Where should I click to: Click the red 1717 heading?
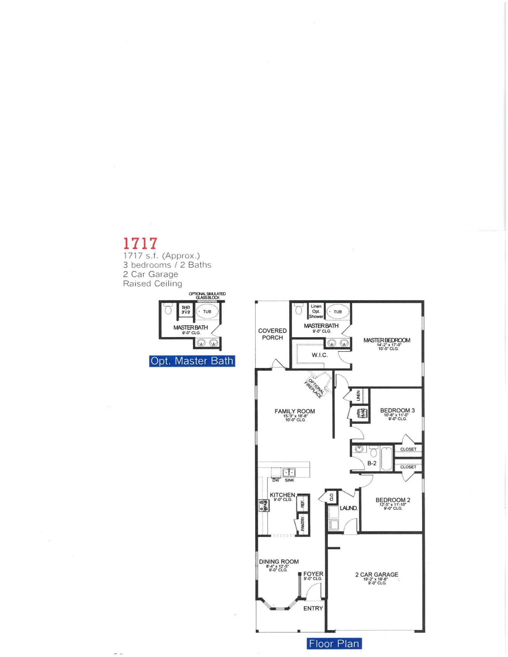140,243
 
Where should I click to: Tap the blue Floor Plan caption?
334,643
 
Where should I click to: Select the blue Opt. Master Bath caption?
192,361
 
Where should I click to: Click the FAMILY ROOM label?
295,411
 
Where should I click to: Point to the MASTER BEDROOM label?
387,340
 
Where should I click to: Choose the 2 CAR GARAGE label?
376,575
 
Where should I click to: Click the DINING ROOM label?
279,562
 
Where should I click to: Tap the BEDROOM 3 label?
397,410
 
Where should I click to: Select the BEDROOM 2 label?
393,500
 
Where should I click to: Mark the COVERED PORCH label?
272,334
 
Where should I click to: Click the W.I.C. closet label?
320,355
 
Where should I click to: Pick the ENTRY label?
313,608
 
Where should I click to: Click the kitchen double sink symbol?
289,473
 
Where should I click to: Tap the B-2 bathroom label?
372,463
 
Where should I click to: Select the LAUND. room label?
349,508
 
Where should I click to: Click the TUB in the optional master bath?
207,311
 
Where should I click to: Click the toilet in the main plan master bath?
299,310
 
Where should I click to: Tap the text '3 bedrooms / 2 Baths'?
167,265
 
